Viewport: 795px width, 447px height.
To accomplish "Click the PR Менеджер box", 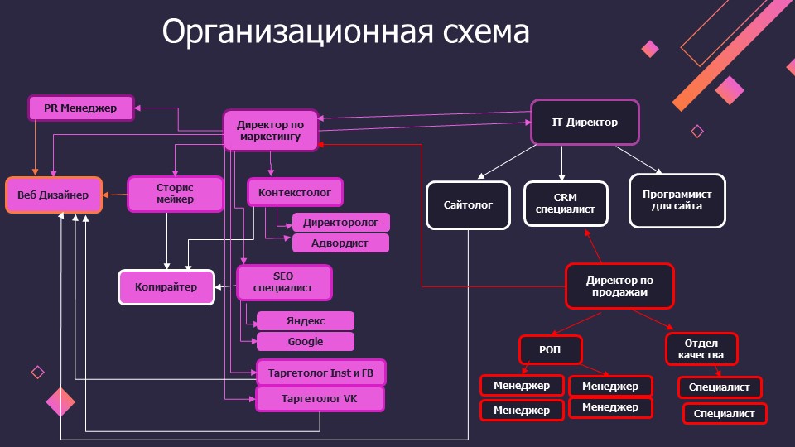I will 81,108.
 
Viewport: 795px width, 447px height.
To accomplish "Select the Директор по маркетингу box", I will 271,131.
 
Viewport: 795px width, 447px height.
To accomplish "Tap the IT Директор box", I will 585,123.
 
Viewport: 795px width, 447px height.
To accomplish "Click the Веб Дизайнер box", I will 54,195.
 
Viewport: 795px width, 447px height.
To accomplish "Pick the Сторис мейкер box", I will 175,194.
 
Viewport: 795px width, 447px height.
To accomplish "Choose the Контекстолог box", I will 295,192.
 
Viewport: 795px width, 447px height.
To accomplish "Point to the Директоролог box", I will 340,223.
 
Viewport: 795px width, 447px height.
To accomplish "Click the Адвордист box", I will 340,243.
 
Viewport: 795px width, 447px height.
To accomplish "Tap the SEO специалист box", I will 283,282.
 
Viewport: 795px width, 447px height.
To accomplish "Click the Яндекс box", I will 306,321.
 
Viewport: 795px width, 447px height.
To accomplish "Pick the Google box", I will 306,342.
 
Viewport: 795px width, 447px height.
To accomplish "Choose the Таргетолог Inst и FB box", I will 320,372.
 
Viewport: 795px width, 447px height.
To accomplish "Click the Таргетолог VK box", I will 320,398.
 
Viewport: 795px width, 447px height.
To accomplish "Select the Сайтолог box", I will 468,204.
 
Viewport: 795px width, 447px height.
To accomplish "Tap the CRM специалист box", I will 566,204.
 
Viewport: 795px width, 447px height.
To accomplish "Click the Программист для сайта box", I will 677,200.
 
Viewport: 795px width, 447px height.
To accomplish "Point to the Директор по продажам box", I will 619,286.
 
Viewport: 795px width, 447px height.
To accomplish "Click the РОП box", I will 550,350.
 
